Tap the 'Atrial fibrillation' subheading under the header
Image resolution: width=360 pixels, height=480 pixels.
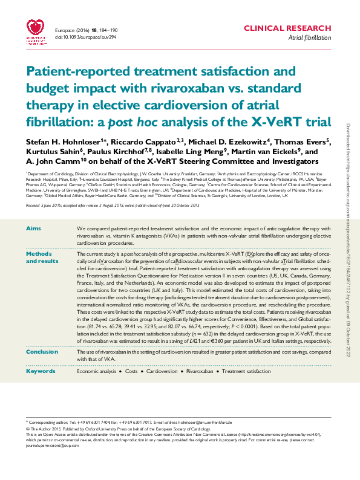point(309,37)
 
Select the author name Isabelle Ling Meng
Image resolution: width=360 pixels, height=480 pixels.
point(191,152)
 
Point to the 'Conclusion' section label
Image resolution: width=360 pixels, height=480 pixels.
point(42,351)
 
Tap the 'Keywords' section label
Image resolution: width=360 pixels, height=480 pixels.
point(41,371)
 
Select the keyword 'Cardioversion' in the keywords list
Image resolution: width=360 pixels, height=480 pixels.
point(162,371)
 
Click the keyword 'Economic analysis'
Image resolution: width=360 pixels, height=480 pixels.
point(97,371)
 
